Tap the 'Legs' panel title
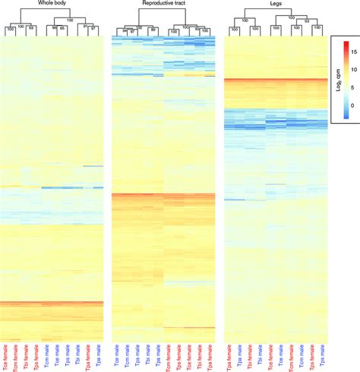pyautogui.click(x=275, y=4)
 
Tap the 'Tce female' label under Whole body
pyautogui.click(x=6, y=358)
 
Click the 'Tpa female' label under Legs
pyautogui.click(x=229, y=358)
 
